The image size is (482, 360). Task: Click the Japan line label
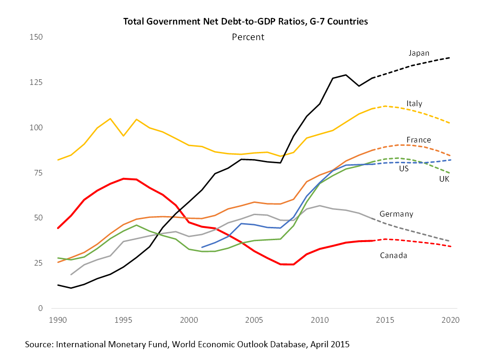click(419, 53)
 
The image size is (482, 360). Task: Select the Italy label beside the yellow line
click(414, 103)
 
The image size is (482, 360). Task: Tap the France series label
click(418, 140)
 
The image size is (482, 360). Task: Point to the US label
click(404, 168)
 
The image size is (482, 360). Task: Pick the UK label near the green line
click(444, 179)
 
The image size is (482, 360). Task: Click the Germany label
click(396, 214)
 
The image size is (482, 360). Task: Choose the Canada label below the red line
click(393, 255)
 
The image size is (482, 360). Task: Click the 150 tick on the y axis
click(36, 37)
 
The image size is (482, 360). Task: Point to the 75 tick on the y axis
click(38, 173)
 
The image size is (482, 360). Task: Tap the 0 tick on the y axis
click(40, 308)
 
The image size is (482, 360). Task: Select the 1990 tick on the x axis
click(58, 320)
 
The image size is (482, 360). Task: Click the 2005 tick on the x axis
click(254, 320)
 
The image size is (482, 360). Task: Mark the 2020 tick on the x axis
click(450, 320)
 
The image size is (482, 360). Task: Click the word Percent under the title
click(248, 37)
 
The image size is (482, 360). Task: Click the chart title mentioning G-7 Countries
click(245, 21)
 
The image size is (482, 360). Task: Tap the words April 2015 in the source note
click(330, 344)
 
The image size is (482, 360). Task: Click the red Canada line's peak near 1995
click(124, 178)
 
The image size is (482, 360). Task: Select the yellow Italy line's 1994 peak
click(110, 118)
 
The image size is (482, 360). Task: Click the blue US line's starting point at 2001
click(202, 247)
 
